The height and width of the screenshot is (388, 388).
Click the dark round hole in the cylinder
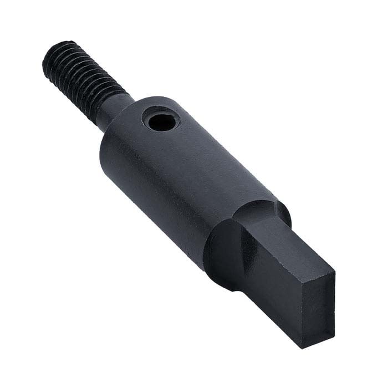pos(161,121)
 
